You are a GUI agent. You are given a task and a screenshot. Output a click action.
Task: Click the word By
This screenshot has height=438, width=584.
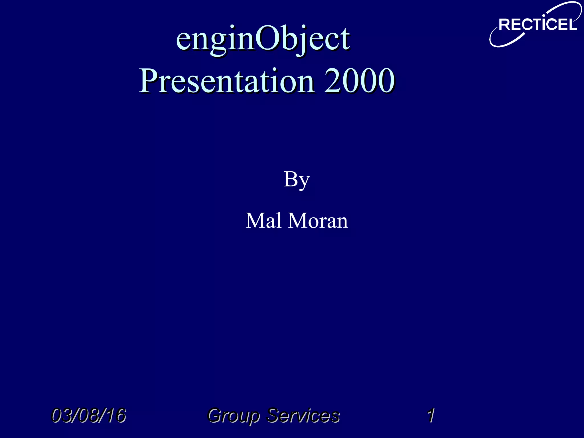point(297,180)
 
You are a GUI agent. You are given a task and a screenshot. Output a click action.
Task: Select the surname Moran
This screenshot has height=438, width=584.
point(318,221)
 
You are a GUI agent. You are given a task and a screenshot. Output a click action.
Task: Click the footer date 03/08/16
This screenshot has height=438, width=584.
point(88,415)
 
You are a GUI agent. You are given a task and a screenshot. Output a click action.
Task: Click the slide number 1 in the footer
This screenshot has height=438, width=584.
point(431,415)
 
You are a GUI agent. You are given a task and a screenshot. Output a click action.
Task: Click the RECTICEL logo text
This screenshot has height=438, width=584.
point(538,25)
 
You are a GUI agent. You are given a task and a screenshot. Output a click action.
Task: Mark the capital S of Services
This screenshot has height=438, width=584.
point(274,415)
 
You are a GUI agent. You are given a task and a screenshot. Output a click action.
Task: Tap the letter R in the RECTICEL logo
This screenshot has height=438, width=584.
point(505,25)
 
